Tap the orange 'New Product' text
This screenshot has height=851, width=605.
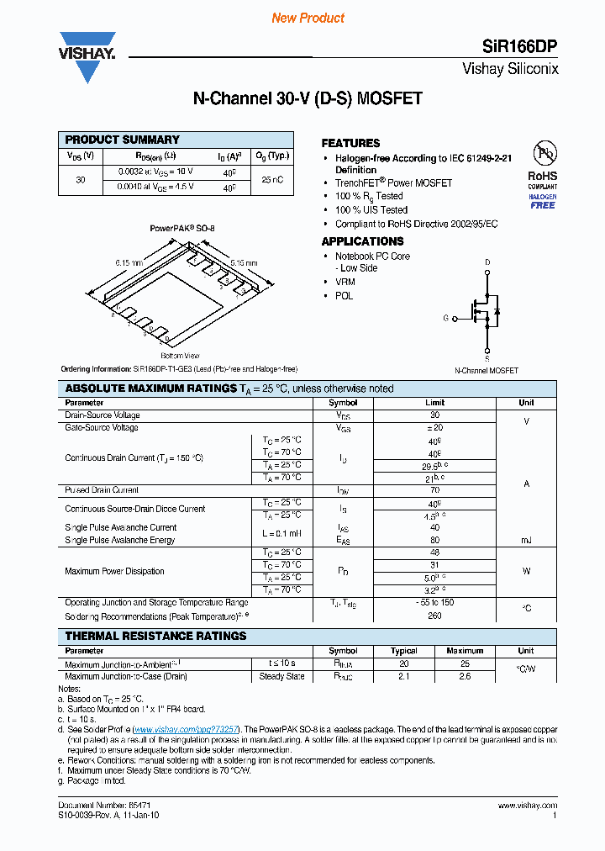pyautogui.click(x=308, y=18)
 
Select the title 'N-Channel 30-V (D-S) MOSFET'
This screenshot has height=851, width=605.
pyautogui.click(x=308, y=98)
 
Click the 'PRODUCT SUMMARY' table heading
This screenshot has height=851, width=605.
pyautogui.click(x=123, y=140)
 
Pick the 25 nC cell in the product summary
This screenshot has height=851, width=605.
pyautogui.click(x=271, y=180)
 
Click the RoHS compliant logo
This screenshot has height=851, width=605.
pyautogui.click(x=542, y=168)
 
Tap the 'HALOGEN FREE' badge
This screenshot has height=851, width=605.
pyautogui.click(x=542, y=201)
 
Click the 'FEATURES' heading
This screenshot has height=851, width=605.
pyautogui.click(x=350, y=143)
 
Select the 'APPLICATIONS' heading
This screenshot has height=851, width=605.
pyautogui.click(x=362, y=241)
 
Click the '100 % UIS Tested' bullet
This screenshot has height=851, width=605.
pyautogui.click(x=371, y=209)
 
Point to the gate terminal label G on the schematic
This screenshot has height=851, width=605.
pyautogui.click(x=445, y=319)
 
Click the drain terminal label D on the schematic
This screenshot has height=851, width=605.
pyautogui.click(x=487, y=262)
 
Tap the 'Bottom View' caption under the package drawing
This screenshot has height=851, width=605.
pyautogui.click(x=180, y=356)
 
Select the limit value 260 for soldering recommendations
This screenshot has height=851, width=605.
pyautogui.click(x=434, y=616)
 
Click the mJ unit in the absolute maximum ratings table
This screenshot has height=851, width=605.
pyautogui.click(x=526, y=540)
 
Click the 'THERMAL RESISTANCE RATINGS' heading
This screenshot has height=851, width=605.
pyautogui.click(x=155, y=636)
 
